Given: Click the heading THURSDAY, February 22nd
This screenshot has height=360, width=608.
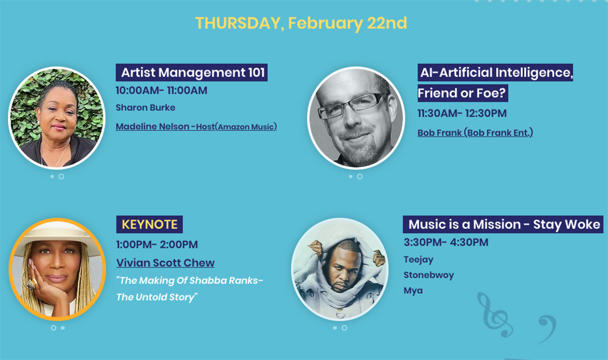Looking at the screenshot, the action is (301, 23).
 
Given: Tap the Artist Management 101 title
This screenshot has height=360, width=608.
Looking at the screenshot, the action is (193, 73).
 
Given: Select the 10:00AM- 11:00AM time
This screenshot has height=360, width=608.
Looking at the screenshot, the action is (161, 90).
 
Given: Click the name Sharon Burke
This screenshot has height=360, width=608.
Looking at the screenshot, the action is (146, 107).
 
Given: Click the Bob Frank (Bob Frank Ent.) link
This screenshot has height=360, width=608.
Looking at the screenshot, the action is (475, 133).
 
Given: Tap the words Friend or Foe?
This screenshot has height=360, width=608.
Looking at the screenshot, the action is (462, 93).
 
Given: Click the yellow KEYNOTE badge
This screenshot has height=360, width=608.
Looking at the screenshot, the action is (150, 225).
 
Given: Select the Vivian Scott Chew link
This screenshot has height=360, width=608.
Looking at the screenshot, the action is (165, 262).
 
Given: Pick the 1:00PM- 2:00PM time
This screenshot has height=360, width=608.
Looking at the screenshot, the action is (157, 244).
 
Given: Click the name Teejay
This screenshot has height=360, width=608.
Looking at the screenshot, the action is (418, 260).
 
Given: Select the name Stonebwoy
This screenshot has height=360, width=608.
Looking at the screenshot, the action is (428, 275).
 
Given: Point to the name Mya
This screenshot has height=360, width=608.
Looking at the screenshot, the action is (413, 291).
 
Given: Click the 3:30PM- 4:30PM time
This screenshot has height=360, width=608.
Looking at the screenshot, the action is (446, 242).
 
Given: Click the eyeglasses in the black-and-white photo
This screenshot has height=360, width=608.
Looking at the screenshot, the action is (349, 105).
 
